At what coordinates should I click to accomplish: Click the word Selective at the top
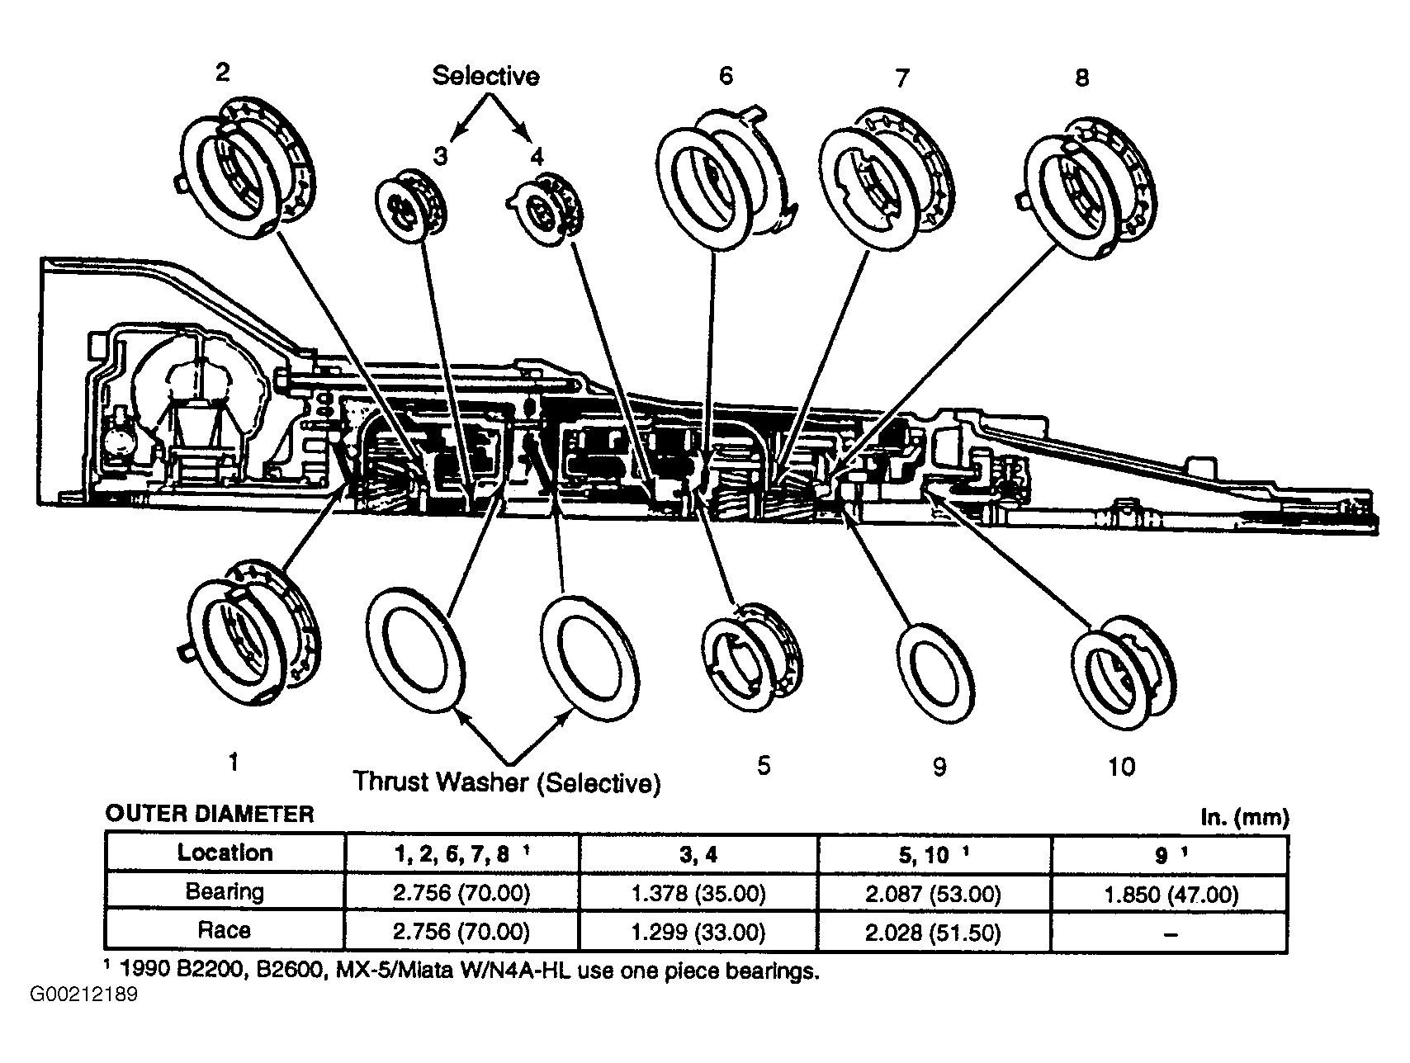click(486, 76)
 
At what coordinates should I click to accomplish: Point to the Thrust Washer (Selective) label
click(507, 782)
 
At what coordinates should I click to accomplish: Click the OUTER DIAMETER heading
click(210, 815)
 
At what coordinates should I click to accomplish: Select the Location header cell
click(225, 853)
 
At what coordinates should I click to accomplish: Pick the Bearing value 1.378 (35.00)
click(698, 893)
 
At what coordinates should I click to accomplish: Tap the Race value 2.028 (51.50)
click(934, 933)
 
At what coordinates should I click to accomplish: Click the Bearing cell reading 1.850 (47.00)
click(1171, 894)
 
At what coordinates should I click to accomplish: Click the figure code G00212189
click(84, 995)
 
